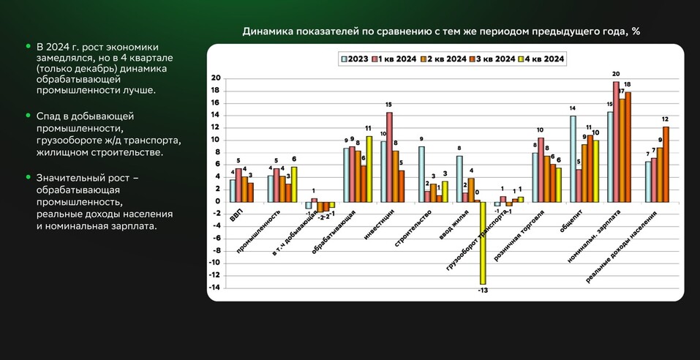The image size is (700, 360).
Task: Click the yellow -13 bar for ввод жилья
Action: [x=483, y=242]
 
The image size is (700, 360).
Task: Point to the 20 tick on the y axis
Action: [x=216, y=78]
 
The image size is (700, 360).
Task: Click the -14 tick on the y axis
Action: [x=216, y=288]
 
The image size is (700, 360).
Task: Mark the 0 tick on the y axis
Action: [x=217, y=201]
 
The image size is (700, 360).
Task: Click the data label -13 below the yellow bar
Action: [x=483, y=290]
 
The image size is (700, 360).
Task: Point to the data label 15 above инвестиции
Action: [x=389, y=105]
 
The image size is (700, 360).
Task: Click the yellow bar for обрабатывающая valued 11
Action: [x=369, y=168]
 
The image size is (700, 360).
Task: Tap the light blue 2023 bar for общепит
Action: [x=573, y=158]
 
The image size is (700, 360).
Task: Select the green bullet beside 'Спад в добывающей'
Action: [x=28, y=116]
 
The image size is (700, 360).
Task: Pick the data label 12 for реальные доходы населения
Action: [x=666, y=119]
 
